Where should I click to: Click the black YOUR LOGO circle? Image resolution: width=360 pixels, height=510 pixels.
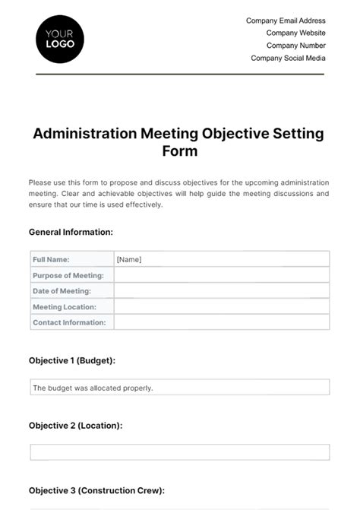coord(60,38)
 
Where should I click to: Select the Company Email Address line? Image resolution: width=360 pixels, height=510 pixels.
coord(286,21)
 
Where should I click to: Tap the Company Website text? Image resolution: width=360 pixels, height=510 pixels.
coord(295,33)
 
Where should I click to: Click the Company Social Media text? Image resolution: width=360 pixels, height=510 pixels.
coord(288,58)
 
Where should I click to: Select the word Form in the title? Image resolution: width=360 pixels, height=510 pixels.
coord(179,150)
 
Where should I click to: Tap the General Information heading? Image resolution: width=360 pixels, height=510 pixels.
coord(71,232)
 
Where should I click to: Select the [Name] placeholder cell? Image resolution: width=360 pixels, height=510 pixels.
coord(129,259)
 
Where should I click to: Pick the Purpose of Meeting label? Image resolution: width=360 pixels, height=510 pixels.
coord(68,275)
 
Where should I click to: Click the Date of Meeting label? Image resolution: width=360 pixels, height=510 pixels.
coord(62,291)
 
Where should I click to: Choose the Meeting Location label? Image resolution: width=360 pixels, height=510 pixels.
coord(64,307)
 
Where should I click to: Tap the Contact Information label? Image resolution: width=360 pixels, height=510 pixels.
coord(69,323)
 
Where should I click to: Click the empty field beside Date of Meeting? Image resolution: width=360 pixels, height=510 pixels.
coord(221,291)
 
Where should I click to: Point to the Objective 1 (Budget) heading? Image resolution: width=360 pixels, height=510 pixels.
coord(72,360)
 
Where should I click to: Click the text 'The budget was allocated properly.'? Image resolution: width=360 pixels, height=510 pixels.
coord(93,388)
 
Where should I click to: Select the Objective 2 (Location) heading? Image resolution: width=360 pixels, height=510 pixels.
coord(75,426)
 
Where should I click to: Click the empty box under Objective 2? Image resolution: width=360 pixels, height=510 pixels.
coord(179,452)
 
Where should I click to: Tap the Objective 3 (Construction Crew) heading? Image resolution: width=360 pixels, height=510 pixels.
coord(96,491)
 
